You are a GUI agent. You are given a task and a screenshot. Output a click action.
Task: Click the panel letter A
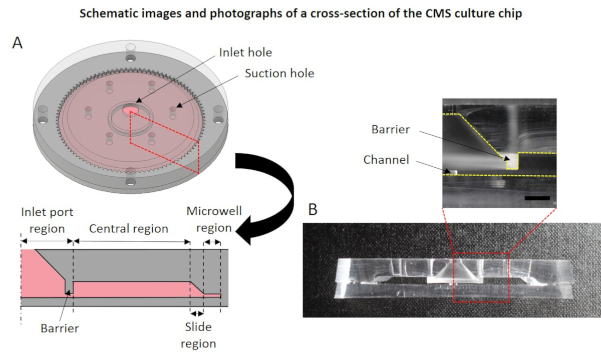point(18,43)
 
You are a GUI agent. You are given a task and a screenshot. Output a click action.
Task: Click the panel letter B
point(313,209)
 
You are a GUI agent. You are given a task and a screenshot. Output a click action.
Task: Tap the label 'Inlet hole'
point(246,52)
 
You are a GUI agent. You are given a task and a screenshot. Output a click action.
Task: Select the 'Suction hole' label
point(279,73)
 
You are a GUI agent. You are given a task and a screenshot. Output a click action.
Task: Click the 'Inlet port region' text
point(47,220)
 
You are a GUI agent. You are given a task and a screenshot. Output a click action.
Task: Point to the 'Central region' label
point(128,228)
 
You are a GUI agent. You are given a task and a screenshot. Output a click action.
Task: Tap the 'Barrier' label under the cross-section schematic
point(60,328)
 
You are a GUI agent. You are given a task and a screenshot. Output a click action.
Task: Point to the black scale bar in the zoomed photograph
point(537,198)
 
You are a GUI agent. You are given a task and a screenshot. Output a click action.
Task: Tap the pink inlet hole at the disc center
point(131,110)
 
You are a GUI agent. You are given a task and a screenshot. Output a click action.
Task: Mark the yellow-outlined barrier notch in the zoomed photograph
point(511,161)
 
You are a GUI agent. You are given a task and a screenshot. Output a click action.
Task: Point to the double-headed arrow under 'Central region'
point(132,241)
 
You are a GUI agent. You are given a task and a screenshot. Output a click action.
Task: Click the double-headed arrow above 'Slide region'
point(197,314)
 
